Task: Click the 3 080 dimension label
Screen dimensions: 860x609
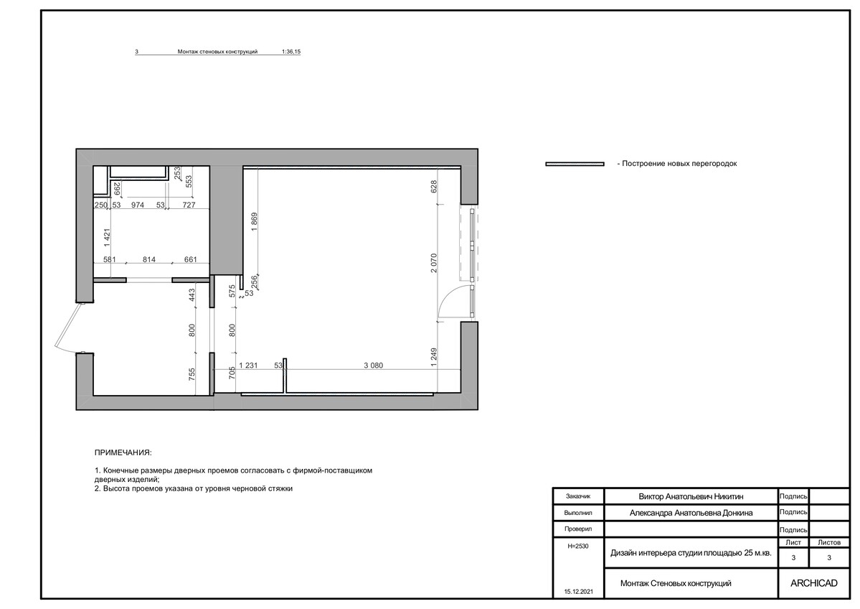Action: (374, 365)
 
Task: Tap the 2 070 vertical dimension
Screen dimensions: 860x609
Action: (434, 264)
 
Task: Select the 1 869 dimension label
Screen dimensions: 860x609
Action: (254, 223)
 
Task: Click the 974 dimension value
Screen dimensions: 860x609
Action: (138, 205)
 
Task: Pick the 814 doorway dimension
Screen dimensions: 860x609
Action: (148, 260)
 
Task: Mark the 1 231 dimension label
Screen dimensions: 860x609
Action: (248, 365)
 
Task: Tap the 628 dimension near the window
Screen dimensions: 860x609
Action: (434, 187)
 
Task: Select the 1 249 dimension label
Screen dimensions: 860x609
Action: (434, 358)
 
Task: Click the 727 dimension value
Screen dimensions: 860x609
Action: (189, 205)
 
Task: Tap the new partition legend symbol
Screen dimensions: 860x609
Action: (575, 164)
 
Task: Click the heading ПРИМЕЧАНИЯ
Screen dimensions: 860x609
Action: (123, 453)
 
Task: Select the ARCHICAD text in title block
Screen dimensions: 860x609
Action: (814, 583)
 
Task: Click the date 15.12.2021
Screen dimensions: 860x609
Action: (579, 592)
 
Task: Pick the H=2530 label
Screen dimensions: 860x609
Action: (578, 546)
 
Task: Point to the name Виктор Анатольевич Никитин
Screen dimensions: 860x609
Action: (691, 496)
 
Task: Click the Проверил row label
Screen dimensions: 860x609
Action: (578, 529)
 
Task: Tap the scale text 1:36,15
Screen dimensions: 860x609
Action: (291, 52)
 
